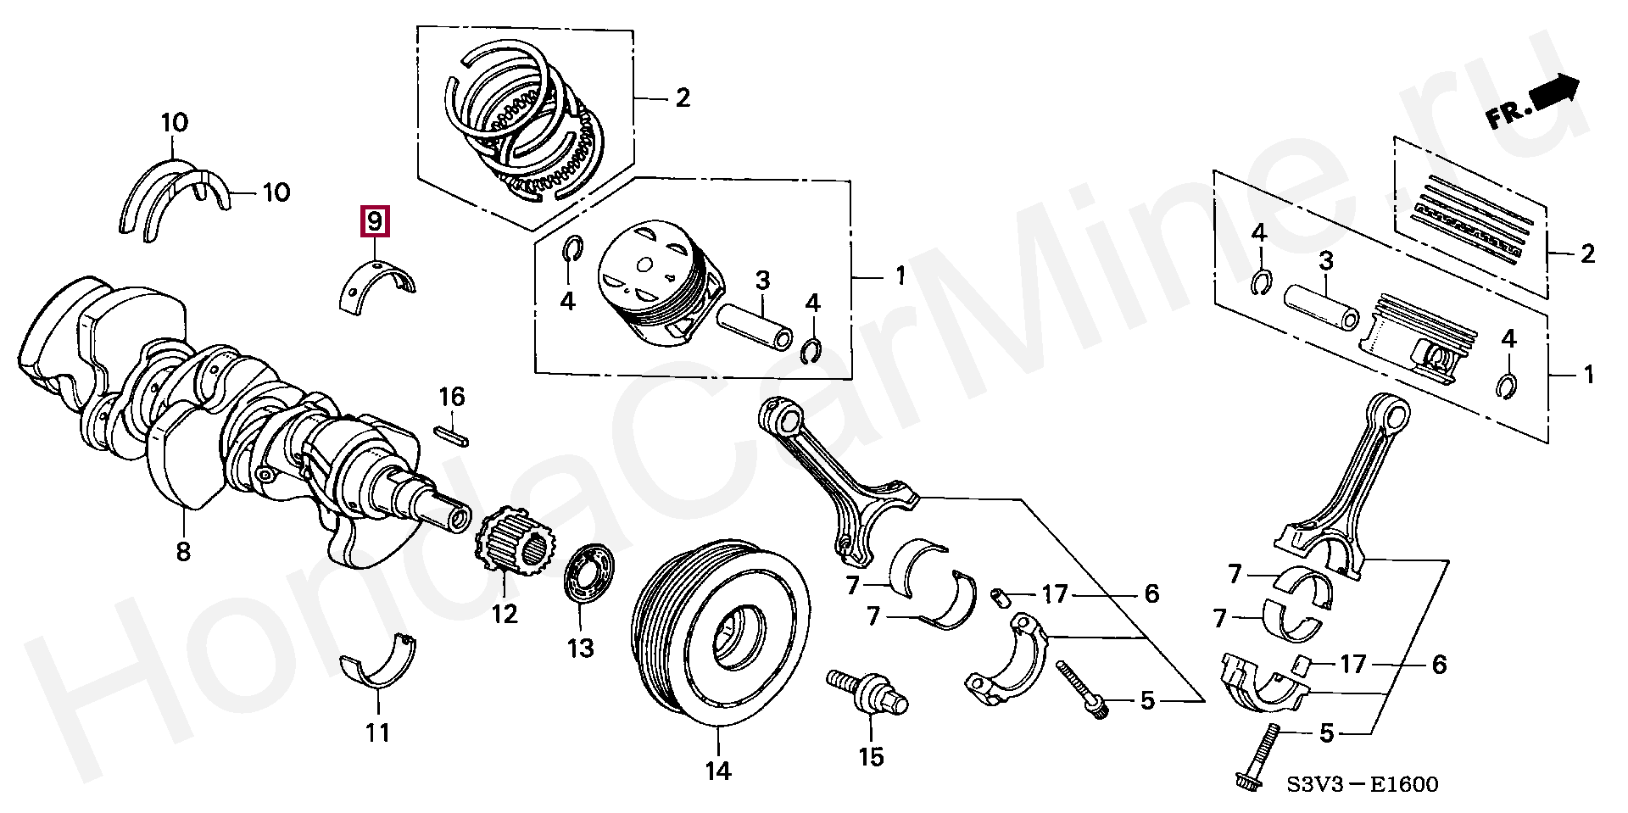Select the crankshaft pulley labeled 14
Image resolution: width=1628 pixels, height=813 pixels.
point(721,632)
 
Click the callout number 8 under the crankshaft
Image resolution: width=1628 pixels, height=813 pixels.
point(183,552)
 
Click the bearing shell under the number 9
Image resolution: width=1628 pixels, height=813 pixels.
point(379,284)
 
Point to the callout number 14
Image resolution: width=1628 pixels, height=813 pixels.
point(717,771)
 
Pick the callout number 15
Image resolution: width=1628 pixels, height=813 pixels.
point(871,756)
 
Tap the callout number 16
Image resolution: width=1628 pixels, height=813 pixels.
point(452,397)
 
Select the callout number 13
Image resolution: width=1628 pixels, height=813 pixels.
point(581,649)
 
